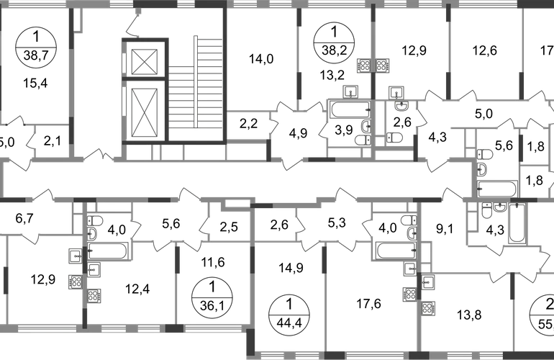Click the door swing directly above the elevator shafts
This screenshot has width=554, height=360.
point(132,27)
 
